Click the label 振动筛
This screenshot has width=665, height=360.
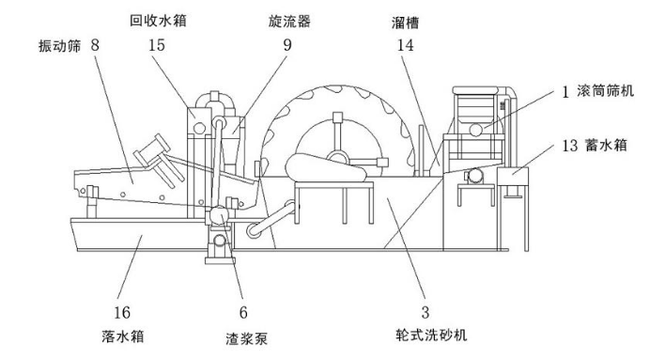[x=59, y=46]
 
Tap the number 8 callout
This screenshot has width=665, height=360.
[x=95, y=45]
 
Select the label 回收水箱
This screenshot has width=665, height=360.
[x=158, y=21]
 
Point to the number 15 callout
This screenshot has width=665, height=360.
[x=157, y=45]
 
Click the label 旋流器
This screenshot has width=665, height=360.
[x=289, y=22]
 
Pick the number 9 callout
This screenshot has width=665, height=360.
[x=287, y=45]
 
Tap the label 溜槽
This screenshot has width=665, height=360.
[x=405, y=23]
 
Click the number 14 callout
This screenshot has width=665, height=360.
[x=405, y=45]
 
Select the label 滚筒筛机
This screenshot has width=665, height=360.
[x=605, y=90]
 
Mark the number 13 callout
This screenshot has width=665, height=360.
[x=570, y=146]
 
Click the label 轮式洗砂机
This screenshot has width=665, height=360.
[x=431, y=335]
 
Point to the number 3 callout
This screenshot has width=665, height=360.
[x=425, y=312]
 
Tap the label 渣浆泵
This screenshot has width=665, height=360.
[x=246, y=338]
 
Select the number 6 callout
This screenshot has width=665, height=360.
[x=243, y=312]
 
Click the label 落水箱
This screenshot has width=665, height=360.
[x=122, y=337]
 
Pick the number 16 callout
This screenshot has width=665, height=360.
[x=122, y=312]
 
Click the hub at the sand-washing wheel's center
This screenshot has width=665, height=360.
[x=337, y=158]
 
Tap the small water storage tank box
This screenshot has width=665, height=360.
[x=513, y=176]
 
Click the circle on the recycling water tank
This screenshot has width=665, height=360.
[x=199, y=127]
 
